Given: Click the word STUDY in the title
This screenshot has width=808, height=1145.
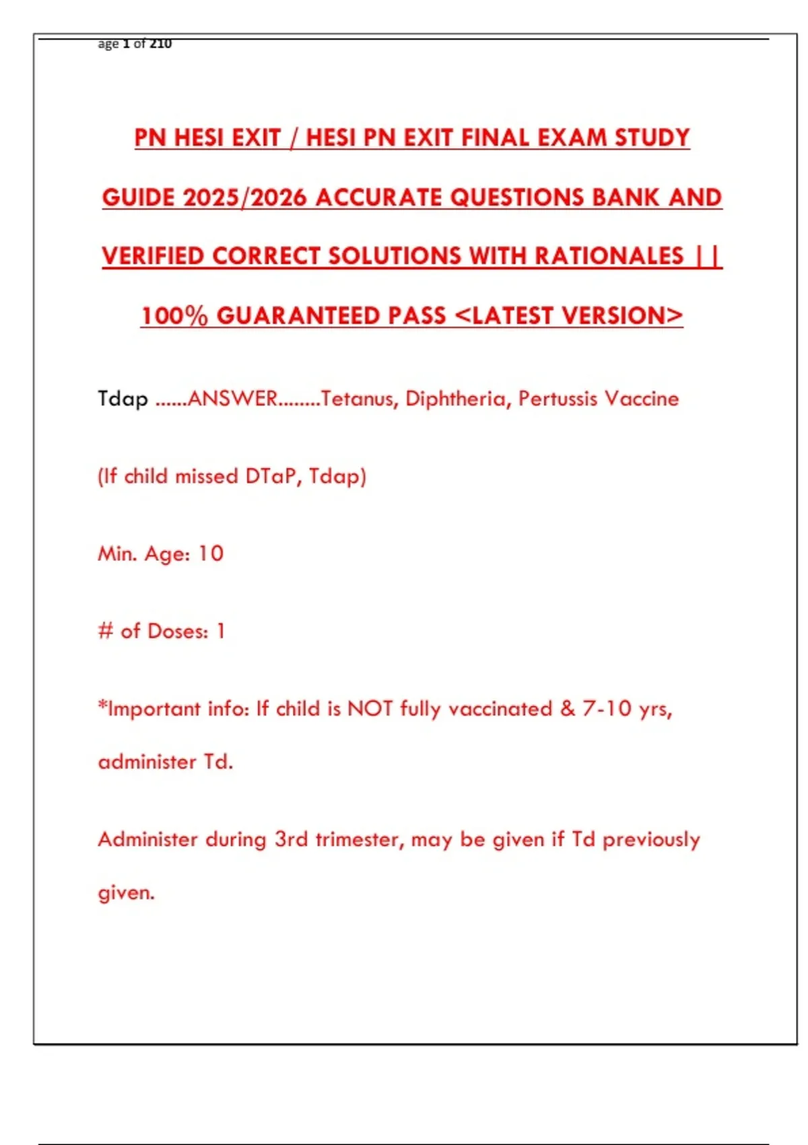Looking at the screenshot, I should click(652, 138).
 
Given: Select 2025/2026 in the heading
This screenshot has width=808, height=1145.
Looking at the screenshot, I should click(244, 197).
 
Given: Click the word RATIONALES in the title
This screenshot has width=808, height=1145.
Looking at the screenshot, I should click(609, 257).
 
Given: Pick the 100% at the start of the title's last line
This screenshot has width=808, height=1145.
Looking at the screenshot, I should click(174, 316).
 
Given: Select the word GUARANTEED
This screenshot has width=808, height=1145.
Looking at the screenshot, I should click(331, 316).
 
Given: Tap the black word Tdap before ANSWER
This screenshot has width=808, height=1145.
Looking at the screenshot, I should click(123, 399).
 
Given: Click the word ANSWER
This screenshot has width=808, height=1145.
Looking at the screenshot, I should click(232, 399).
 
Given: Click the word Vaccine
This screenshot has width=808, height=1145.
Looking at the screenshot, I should click(642, 399).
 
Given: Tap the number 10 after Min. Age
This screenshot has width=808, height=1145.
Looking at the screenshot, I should click(211, 554).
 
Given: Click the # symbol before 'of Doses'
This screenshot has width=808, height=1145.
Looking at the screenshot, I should click(106, 632).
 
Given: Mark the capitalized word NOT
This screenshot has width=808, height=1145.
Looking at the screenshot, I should click(370, 709).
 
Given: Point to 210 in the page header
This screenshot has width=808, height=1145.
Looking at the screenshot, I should click(160, 44).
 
